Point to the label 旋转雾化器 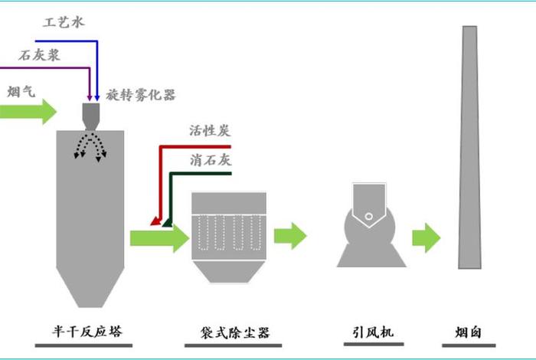click(x=142, y=95)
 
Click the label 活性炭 click(x=210, y=130)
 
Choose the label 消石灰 click(x=210, y=161)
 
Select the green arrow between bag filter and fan click(x=289, y=236)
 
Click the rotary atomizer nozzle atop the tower click(x=91, y=116)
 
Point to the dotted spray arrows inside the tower click(x=90, y=146)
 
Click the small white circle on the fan click(x=370, y=217)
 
